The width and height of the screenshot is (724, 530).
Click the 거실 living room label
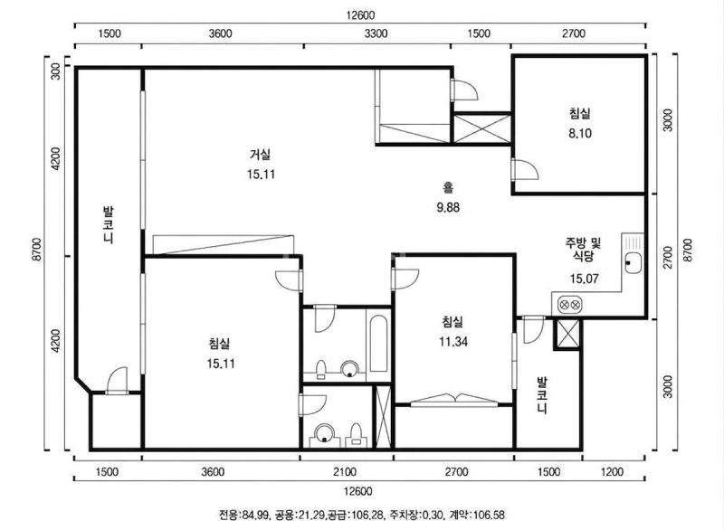coord(261,155)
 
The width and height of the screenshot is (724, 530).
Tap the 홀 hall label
coord(448,188)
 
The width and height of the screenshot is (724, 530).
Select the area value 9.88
coord(448,208)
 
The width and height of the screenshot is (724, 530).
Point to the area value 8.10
coord(580,133)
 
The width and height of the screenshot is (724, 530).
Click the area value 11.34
coord(453,342)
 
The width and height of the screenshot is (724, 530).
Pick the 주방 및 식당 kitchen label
coord(584,249)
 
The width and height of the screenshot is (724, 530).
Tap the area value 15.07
coord(584,279)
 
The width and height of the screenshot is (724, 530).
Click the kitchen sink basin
coord(633,263)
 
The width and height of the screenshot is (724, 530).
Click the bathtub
coord(378,344)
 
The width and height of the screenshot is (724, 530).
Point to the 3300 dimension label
coord(376,33)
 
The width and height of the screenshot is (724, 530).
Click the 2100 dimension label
coord(345,472)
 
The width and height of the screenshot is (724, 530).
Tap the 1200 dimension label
coord(613,472)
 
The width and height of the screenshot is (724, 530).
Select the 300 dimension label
coord(55,72)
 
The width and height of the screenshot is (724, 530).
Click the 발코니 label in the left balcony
coord(108,225)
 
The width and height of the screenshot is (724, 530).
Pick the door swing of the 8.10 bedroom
coord(526,169)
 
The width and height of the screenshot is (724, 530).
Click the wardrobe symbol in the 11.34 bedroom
coord(454,401)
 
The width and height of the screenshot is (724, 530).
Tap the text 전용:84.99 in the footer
coord(243,515)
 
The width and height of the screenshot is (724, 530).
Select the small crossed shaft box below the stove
coord(567,334)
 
